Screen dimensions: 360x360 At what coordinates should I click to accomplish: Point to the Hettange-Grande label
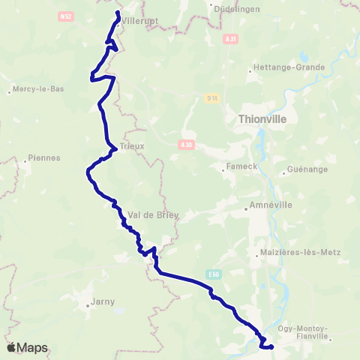290,67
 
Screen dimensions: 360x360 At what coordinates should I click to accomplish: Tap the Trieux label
131,146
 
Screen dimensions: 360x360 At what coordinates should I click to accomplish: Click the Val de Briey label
154,214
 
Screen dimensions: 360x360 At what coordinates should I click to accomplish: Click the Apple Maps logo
27,347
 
